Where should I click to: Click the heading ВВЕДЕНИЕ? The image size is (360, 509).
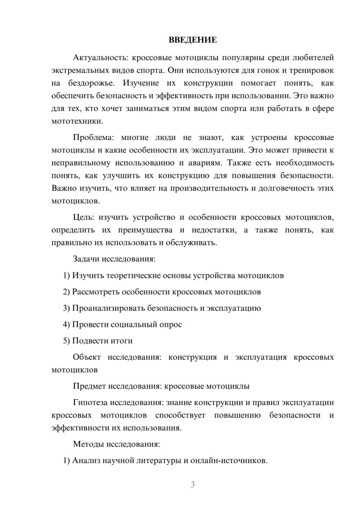[193, 40]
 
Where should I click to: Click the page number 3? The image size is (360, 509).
[193, 485]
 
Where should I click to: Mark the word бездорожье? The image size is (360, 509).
[91, 83]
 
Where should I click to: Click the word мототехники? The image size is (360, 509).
[77, 121]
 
